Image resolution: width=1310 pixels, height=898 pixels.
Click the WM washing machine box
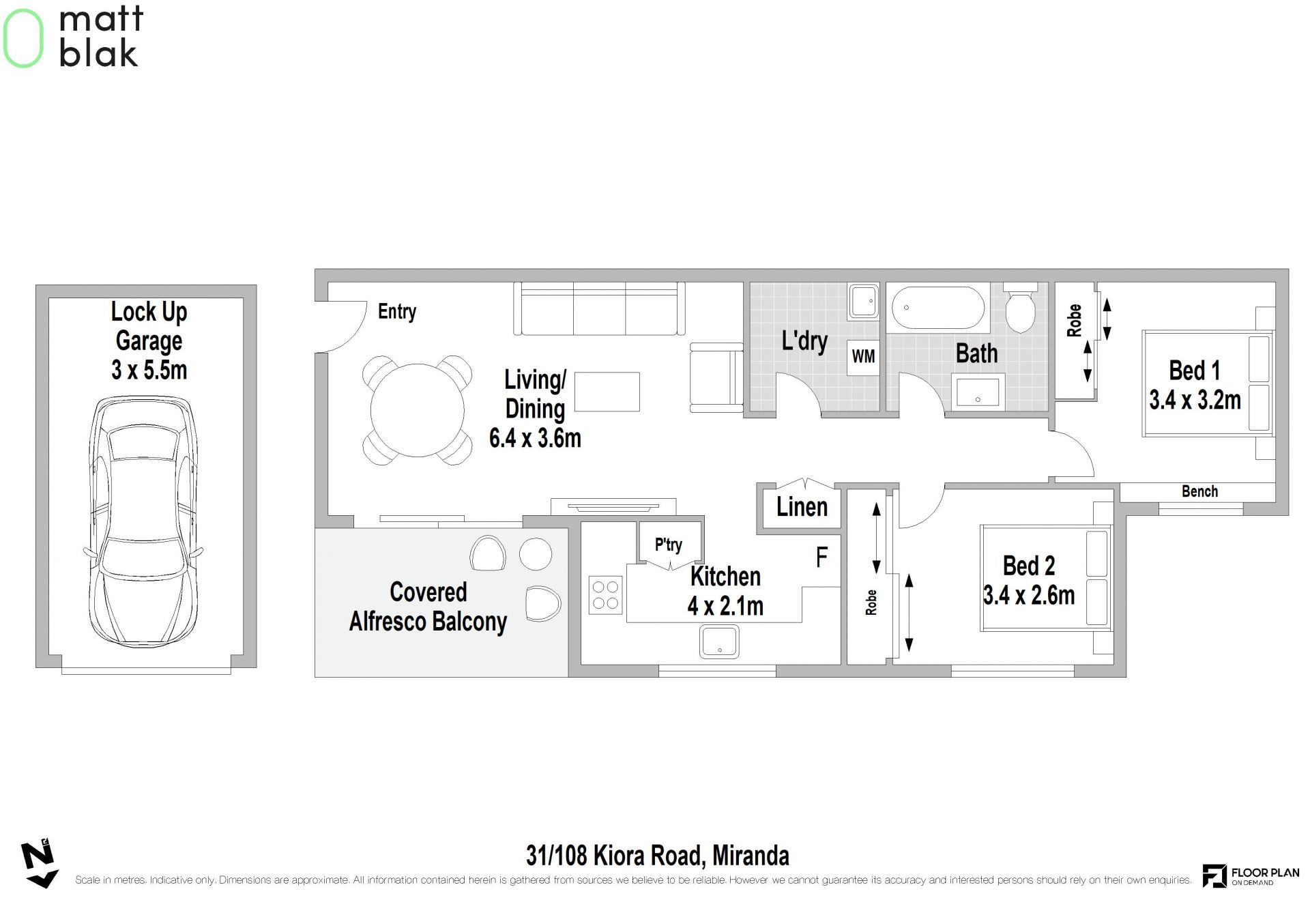(x=864, y=356)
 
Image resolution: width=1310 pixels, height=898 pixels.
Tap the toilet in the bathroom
(x=1020, y=308)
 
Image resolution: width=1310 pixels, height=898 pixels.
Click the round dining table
(x=418, y=410)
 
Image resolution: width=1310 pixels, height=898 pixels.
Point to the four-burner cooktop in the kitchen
(x=605, y=594)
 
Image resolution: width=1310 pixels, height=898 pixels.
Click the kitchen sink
(x=719, y=642)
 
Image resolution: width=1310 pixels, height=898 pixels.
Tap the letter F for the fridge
(x=822, y=557)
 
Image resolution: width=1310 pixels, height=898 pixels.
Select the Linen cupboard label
(x=802, y=507)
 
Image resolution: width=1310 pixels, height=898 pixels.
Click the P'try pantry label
(x=669, y=545)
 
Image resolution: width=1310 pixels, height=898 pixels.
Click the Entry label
(x=397, y=312)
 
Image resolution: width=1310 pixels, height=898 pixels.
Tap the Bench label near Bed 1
(x=1199, y=491)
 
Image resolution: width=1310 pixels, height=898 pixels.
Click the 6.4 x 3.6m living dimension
(x=536, y=438)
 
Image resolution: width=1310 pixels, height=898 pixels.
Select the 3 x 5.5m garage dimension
(x=149, y=370)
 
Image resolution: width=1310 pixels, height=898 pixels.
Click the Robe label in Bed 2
(x=871, y=603)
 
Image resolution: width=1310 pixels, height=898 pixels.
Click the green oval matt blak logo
(x=23, y=38)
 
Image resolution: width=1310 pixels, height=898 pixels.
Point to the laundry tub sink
(x=864, y=302)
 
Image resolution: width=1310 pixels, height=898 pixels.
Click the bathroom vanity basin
(x=978, y=392)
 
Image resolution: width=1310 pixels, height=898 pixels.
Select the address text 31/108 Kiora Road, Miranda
(x=658, y=856)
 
